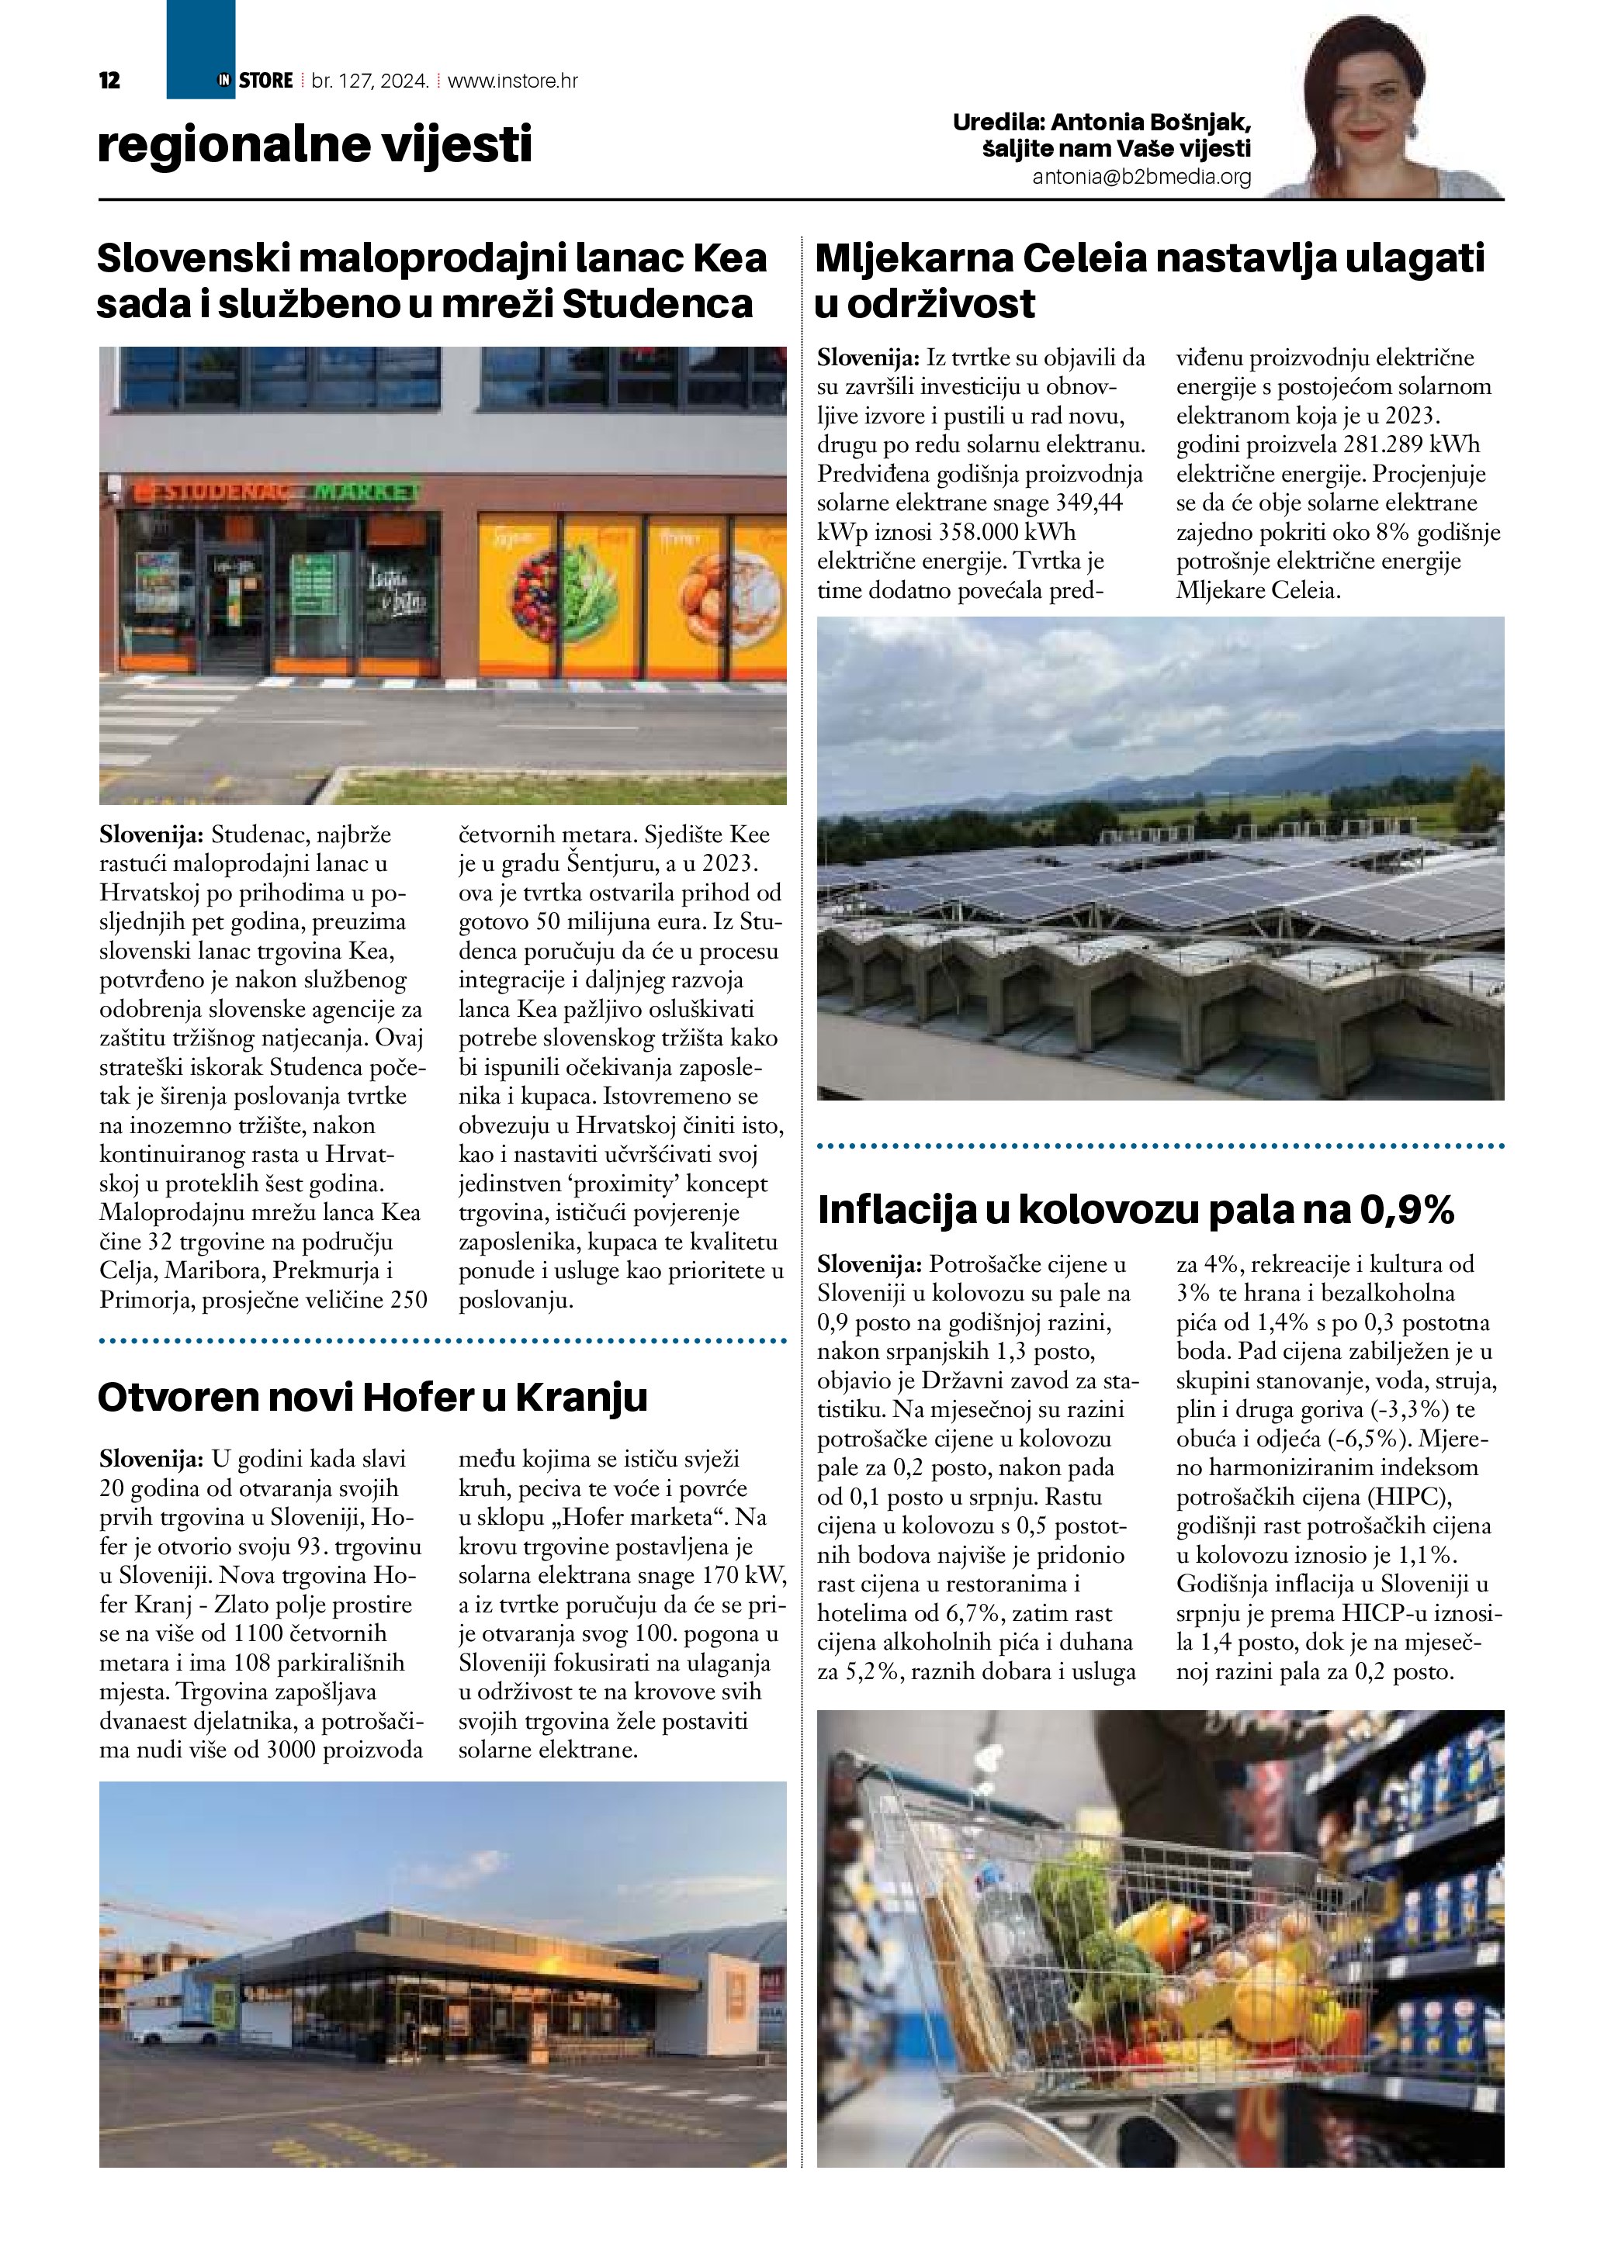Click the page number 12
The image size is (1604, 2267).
[x=109, y=81]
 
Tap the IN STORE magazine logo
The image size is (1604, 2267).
[x=256, y=81]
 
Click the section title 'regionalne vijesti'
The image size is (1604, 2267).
[x=314, y=144]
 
